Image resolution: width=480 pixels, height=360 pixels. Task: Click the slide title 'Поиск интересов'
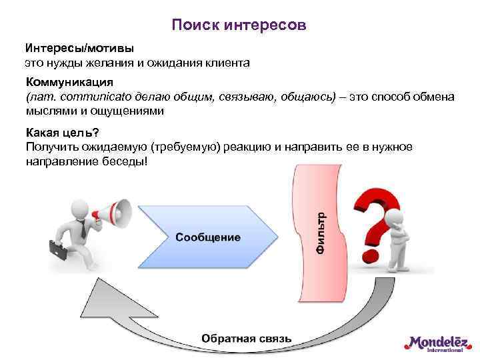tap(239, 25)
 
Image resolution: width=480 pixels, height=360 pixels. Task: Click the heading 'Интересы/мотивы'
tap(79, 49)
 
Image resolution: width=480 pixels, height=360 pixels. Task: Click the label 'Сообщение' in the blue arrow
tap(209, 237)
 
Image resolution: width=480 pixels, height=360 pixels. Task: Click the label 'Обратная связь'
tap(246, 338)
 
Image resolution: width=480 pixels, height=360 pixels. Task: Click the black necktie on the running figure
tap(81, 230)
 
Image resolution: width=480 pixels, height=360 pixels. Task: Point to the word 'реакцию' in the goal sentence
tap(247, 147)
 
